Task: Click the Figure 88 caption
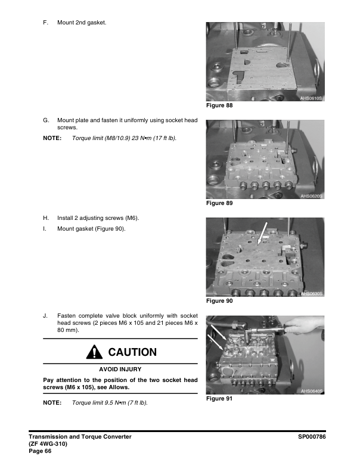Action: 219,105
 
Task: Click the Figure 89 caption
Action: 219,203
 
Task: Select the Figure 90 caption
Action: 219,301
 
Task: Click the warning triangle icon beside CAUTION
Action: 93,352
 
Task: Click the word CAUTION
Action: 132,352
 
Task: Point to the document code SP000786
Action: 314,437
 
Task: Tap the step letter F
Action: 45,23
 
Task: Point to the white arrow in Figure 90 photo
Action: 262,232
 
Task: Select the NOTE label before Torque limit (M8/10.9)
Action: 52,138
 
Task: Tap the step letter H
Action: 45,218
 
